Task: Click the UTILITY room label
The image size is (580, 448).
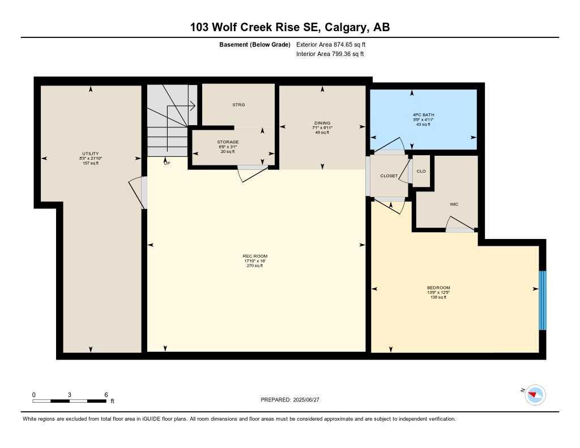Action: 91,153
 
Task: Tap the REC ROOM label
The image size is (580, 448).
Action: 255,256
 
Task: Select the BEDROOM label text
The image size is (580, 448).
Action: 438,288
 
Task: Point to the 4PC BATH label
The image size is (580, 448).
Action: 423,115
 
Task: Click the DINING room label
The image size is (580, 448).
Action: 322,123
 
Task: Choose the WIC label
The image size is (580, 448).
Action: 454,204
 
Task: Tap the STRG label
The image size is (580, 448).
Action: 238,105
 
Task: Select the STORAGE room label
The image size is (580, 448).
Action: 228,142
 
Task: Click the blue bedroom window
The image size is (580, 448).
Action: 542,300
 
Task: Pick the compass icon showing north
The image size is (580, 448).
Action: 535,395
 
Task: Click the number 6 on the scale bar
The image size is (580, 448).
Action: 106,394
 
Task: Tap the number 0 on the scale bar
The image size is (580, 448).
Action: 34,394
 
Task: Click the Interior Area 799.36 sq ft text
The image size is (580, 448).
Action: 330,54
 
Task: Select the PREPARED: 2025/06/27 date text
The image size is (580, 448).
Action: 294,400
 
